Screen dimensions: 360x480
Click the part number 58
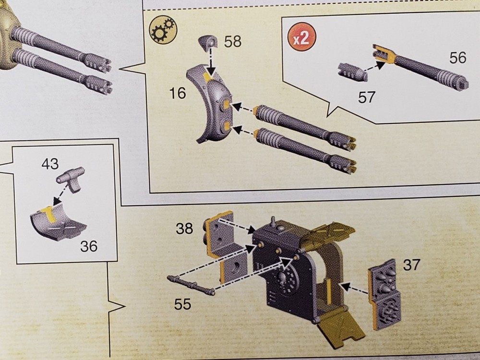[232, 42]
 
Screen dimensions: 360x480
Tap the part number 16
[178, 93]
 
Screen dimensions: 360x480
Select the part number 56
[457, 58]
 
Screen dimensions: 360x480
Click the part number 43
[50, 164]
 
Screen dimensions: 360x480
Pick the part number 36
[89, 246]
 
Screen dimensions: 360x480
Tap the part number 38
[184, 228]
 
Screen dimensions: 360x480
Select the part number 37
[411, 264]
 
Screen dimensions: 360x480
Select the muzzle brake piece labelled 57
[351, 72]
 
